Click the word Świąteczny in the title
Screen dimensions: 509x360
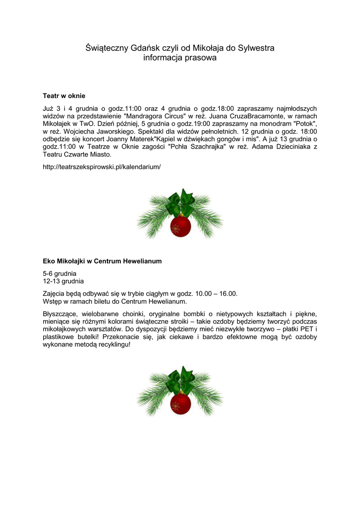[107, 48]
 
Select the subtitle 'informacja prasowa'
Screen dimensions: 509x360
[180, 58]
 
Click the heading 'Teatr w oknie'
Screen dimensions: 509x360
[64, 95]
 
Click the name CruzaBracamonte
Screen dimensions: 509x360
[247, 116]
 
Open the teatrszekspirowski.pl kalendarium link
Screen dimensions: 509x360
[102, 167]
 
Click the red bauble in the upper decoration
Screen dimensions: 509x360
[180, 227]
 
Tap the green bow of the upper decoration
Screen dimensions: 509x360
[180, 201]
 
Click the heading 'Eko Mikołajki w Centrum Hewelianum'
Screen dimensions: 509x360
[102, 260]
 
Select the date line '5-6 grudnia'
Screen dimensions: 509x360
[60, 273]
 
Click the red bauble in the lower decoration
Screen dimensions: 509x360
[180, 404]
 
